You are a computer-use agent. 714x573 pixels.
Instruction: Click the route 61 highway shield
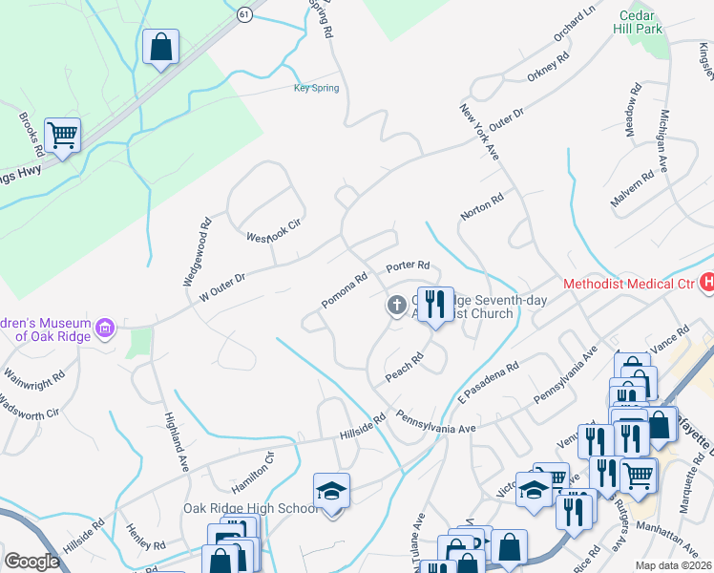pos(244,12)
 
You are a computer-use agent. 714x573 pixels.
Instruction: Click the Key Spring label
pos(316,89)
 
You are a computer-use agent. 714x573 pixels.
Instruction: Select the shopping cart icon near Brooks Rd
pos(62,136)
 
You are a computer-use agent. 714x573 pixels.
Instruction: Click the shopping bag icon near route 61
pos(160,46)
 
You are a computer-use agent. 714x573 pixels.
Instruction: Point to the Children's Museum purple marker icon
pos(105,329)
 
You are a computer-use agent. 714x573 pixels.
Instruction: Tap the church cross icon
pos(395,306)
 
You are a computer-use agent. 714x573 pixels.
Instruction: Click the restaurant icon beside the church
pos(435,304)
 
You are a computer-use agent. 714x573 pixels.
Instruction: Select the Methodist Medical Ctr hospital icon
pos(707,283)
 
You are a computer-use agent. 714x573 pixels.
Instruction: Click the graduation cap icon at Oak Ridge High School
pos(331,491)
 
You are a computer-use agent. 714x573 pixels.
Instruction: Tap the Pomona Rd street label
pos(345,291)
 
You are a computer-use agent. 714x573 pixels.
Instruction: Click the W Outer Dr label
pos(222,286)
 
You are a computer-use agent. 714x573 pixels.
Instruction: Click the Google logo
pos(31,562)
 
